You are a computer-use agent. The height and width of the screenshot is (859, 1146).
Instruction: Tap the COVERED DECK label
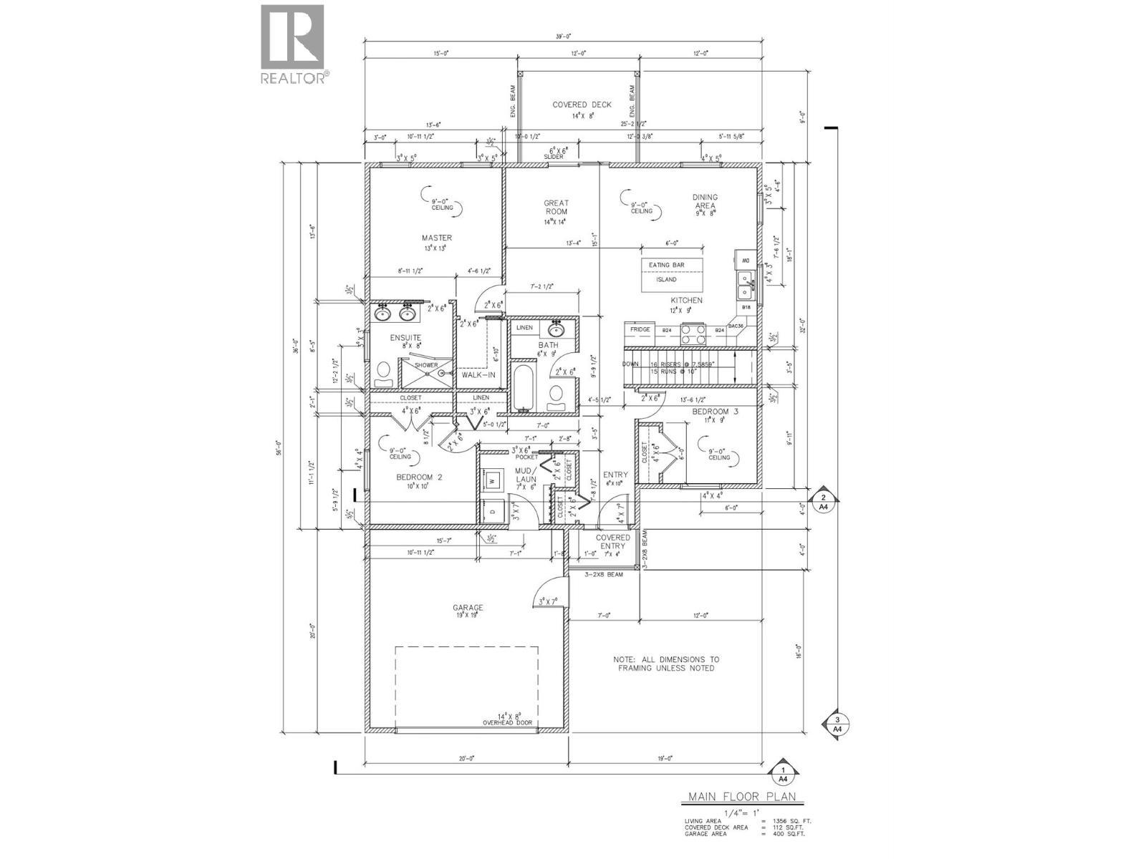(x=582, y=105)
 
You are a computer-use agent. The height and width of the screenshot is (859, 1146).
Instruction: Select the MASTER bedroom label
(x=436, y=238)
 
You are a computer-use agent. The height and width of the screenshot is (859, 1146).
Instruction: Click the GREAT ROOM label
(x=556, y=208)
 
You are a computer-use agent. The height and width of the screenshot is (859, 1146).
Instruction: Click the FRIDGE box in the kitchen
(x=640, y=330)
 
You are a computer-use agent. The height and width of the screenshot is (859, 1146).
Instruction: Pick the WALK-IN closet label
(x=478, y=375)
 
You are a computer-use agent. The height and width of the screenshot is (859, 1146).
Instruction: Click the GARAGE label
(x=468, y=608)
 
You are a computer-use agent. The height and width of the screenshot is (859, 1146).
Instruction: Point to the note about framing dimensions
(x=666, y=664)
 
